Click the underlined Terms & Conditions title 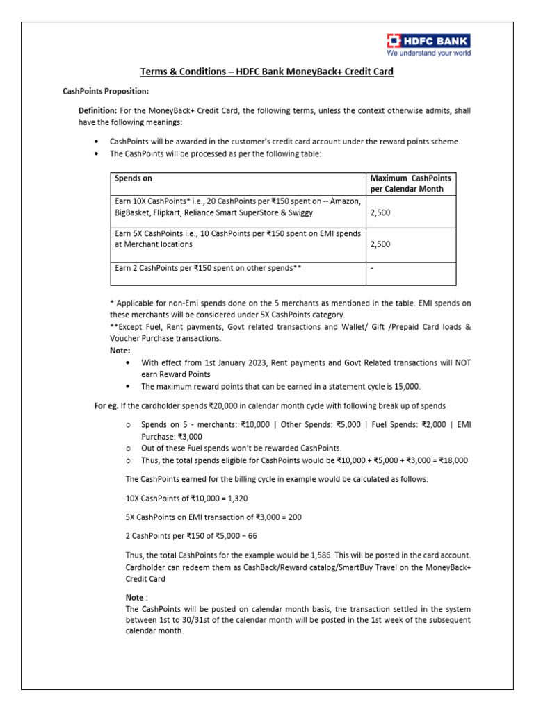tap(267, 72)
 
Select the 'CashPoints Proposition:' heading tap(106, 92)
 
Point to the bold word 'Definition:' tap(97, 111)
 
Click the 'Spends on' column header tap(133, 178)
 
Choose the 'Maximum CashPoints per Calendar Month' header tap(410, 184)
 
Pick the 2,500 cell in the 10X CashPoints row tap(380, 212)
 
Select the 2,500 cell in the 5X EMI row tap(380, 244)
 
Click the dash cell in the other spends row tap(373, 267)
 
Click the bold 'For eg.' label tap(106, 405)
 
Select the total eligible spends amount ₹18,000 tap(451, 460)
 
